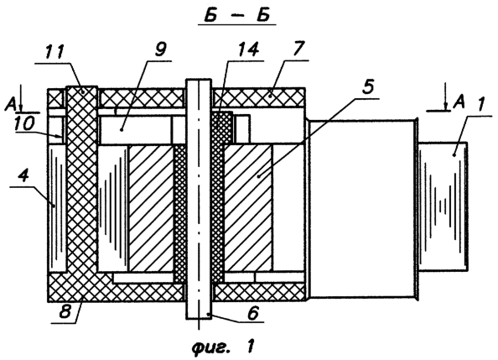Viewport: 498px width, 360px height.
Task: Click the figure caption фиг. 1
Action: (x=223, y=347)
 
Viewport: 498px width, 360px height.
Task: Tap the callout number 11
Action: (x=55, y=53)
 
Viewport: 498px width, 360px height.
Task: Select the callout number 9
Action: (x=160, y=50)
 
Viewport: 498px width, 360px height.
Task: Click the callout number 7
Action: (x=298, y=49)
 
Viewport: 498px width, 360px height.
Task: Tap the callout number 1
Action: (x=480, y=105)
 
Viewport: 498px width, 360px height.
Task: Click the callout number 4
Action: (x=24, y=176)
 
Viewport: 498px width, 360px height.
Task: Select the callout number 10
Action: (x=24, y=124)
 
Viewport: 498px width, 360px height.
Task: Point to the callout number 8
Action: (x=65, y=312)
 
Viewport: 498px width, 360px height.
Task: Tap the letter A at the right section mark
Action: (x=459, y=102)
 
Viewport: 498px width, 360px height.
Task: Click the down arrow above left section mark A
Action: (x=21, y=98)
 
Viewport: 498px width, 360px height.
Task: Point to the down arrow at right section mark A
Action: (x=445, y=97)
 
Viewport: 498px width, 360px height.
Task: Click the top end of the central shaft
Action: (x=199, y=79)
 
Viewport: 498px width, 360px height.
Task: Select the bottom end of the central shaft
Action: (x=199, y=318)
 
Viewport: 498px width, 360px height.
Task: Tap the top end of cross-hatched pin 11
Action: (x=81, y=86)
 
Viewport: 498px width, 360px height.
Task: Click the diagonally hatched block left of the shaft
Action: (x=151, y=209)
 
